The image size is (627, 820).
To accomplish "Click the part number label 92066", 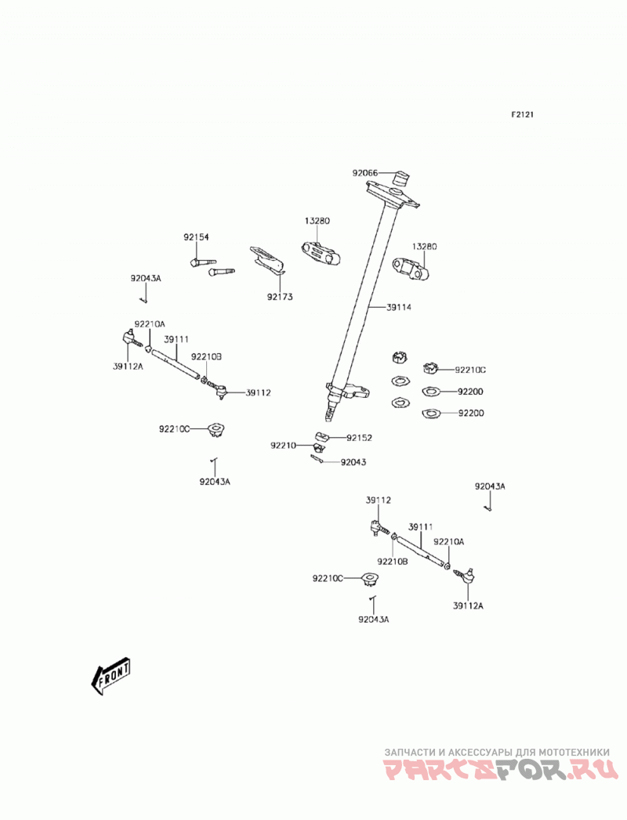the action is [x=364, y=173].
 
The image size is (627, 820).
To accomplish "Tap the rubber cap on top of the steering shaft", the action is [x=401, y=179].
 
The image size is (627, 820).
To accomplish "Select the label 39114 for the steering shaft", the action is [x=399, y=308].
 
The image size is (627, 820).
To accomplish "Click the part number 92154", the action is [x=196, y=237].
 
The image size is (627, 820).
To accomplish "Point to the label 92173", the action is [x=280, y=297].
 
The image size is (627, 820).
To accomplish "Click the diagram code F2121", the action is [x=522, y=114].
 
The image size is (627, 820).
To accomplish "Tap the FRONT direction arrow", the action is [x=111, y=676].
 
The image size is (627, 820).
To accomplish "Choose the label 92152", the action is [x=359, y=438].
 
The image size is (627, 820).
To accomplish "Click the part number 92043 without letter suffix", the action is [x=353, y=462].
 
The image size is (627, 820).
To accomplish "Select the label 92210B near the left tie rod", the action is [x=206, y=356].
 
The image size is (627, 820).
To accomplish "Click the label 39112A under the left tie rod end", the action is [x=128, y=367].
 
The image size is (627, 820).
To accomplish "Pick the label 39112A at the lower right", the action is [x=468, y=606].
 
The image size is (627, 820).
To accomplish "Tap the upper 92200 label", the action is [x=470, y=392].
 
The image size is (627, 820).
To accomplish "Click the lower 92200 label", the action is [x=471, y=414].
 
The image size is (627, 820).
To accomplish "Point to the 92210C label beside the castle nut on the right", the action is [x=470, y=370].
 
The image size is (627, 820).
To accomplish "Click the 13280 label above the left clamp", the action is [x=317, y=221].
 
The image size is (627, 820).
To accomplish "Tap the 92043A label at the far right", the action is [x=490, y=486].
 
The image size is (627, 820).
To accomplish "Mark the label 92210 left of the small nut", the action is [x=283, y=446].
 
